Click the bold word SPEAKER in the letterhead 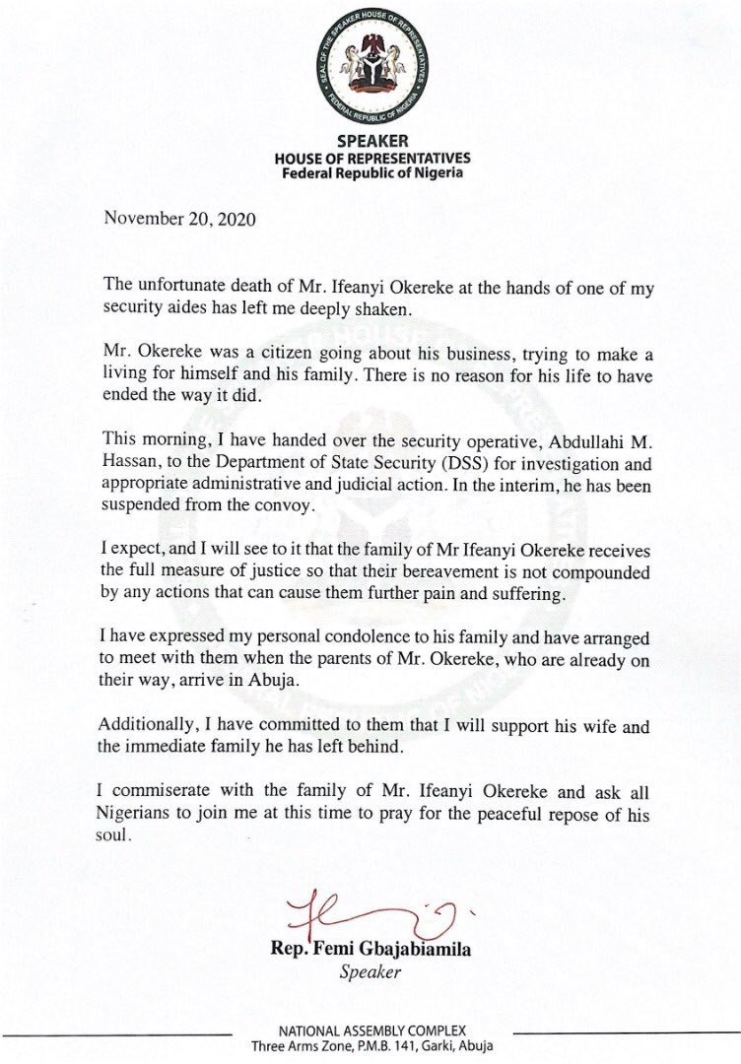pyautogui.click(x=370, y=142)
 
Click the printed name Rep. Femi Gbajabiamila pyautogui.click(x=370, y=951)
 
